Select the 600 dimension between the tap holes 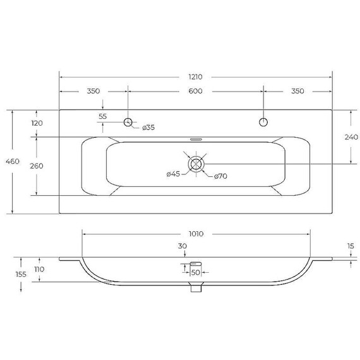[x=195, y=91]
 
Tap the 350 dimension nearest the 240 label [x=297, y=91]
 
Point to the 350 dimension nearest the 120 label [x=93, y=91]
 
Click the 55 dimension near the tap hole [x=103, y=116]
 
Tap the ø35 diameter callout [x=148, y=128]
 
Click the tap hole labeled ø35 [x=128, y=122]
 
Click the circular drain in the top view [x=197, y=164]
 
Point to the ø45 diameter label [x=174, y=174]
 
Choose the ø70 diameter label [x=220, y=176]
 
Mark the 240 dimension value [x=352, y=137]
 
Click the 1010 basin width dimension [x=196, y=233]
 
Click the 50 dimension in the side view [x=195, y=272]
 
